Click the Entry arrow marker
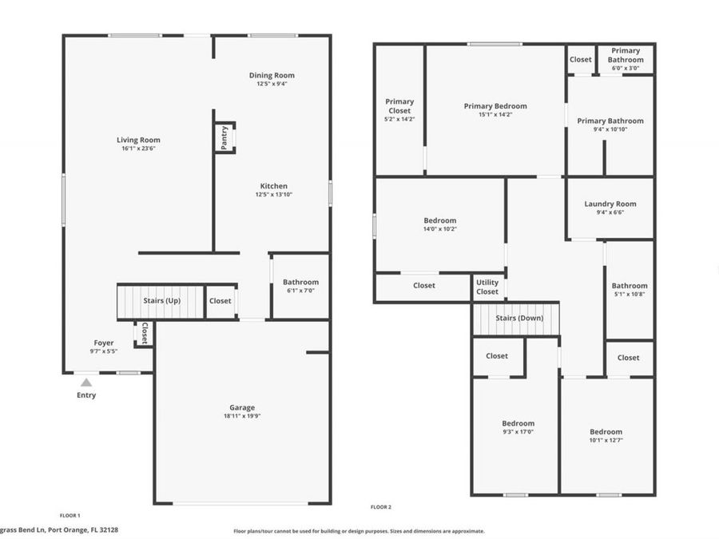tap(86, 382)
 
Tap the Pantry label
tap(224, 137)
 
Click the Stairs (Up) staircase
tap(161, 301)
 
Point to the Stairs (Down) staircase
tap(515, 319)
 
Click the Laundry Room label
tap(610, 204)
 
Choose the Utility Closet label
tap(487, 287)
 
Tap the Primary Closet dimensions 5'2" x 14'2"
tap(399, 119)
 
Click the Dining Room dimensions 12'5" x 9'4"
tap(272, 84)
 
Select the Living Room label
tap(138, 140)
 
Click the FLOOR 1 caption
tap(70, 516)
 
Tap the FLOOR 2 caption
tap(381, 507)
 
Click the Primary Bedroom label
tap(495, 105)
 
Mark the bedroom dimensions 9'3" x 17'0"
tap(518, 432)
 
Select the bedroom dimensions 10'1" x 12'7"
tap(606, 441)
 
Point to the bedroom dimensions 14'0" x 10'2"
tap(439, 229)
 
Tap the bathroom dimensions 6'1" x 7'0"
tap(300, 291)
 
